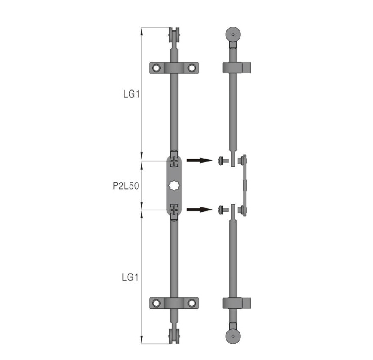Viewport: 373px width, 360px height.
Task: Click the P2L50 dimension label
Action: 126,186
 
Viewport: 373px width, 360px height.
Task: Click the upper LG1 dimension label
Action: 131,94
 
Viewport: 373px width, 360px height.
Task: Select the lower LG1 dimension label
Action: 130,277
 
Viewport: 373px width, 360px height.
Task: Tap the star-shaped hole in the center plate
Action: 174,185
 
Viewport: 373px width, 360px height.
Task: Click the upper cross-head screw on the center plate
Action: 174,162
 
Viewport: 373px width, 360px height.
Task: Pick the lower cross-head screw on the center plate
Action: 174,210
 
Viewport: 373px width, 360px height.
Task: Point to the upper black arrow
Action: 199,160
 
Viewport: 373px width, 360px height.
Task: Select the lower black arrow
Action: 199,209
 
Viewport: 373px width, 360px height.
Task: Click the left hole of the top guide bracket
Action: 156,68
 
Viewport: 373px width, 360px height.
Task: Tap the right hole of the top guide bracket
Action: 192,68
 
